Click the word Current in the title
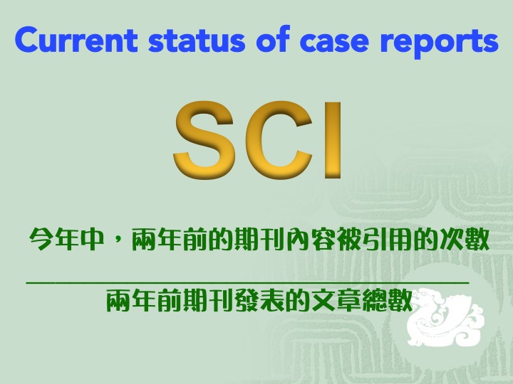click(x=76, y=40)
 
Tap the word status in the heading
click(x=197, y=40)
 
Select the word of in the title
click(x=273, y=38)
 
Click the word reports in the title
click(x=439, y=43)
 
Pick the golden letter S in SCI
click(x=204, y=140)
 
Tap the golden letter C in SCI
click(x=277, y=140)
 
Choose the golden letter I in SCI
click(x=333, y=140)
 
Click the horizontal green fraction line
click(x=248, y=283)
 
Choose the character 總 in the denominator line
click(x=375, y=300)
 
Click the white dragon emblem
click(x=444, y=316)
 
